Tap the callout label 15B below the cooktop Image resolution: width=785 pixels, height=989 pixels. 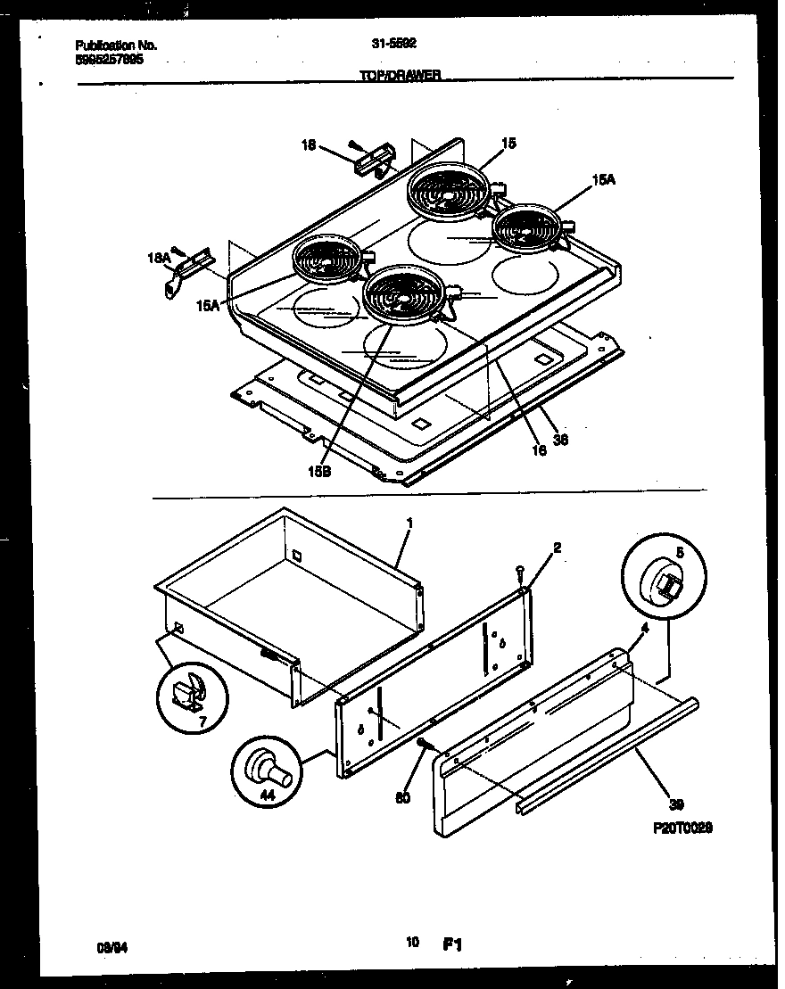319,472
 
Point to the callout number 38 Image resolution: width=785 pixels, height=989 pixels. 559,438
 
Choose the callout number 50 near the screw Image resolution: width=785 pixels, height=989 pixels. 402,798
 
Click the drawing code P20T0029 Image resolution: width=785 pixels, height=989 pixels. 682,828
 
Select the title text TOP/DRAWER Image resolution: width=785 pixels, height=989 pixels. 400,77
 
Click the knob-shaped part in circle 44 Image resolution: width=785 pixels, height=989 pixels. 267,767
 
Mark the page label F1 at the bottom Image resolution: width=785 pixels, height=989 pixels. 451,943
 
